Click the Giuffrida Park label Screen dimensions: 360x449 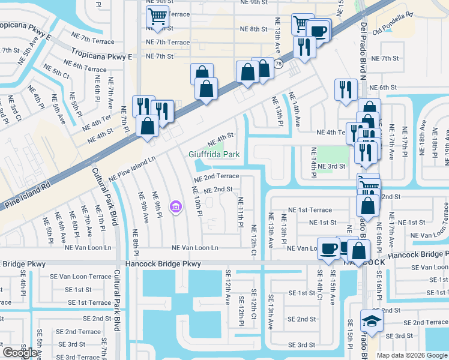point(215,154)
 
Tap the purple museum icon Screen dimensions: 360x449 point(175,208)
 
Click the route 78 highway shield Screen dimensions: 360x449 point(279,62)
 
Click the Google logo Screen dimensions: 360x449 point(19,353)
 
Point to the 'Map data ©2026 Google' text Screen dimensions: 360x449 point(412,355)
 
